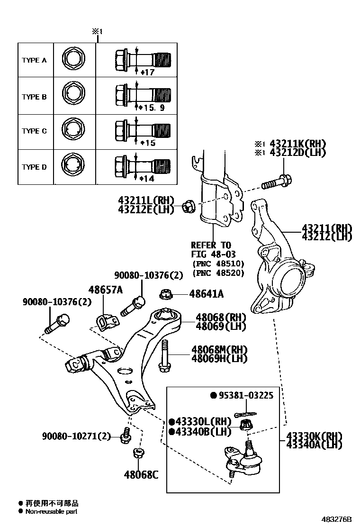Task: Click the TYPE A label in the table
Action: pyautogui.click(x=34, y=61)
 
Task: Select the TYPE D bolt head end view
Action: pyautogui.click(x=73, y=167)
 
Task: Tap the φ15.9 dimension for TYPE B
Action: pyautogui.click(x=152, y=108)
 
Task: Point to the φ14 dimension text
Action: pyautogui.click(x=148, y=179)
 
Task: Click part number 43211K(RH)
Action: pyautogui.click(x=297, y=144)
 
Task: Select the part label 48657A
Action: pyautogui.click(x=105, y=290)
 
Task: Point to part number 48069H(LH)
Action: pyautogui.click(x=219, y=359)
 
